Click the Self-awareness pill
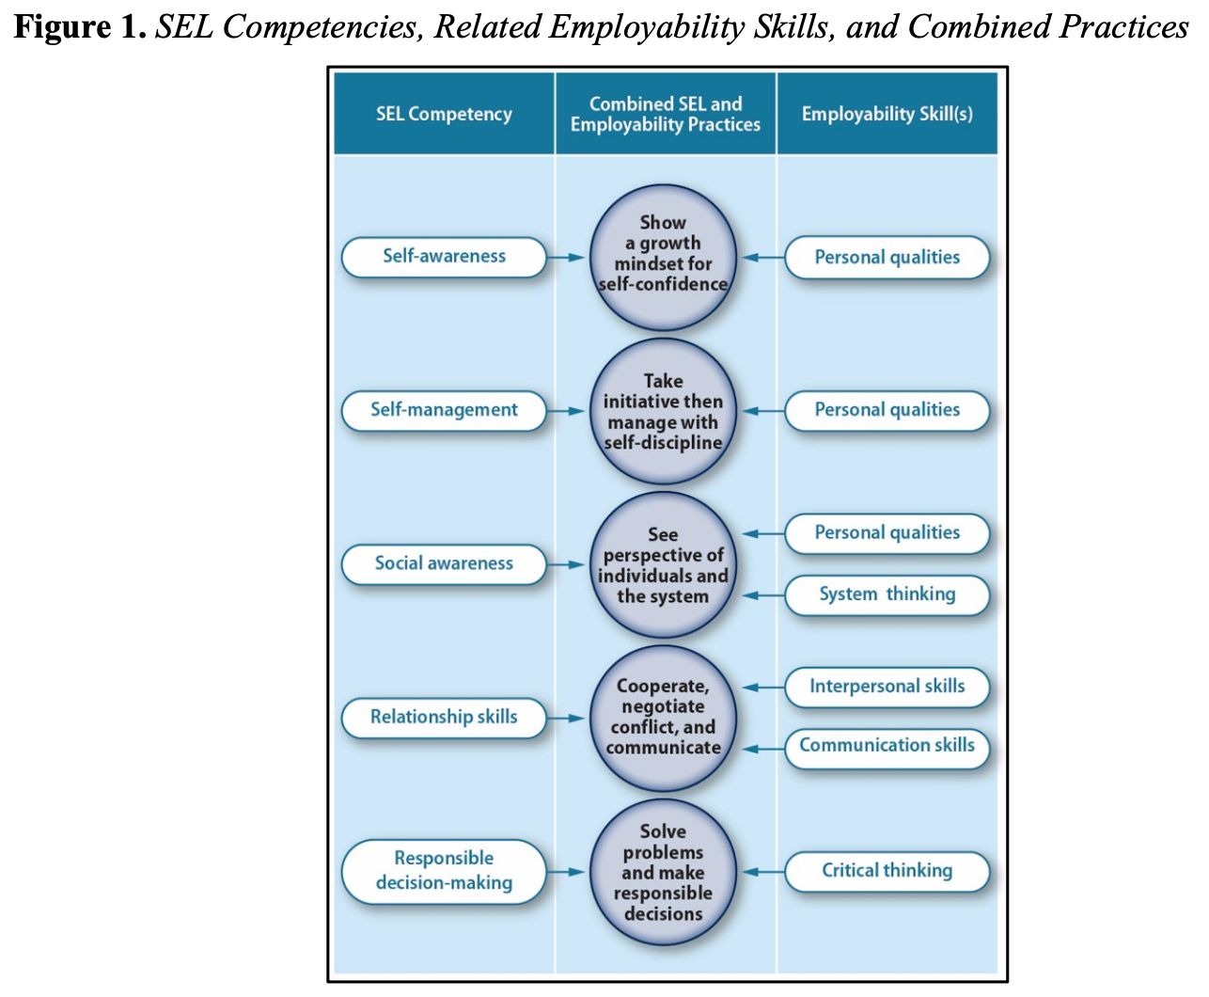(x=444, y=257)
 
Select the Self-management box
(x=444, y=410)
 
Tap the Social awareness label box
(x=444, y=564)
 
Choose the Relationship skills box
(x=444, y=718)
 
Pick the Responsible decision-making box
(x=444, y=871)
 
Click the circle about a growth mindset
(x=663, y=256)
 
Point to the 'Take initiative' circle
(x=663, y=411)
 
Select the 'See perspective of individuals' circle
(x=663, y=565)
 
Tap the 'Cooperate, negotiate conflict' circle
(x=663, y=718)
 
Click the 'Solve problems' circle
(x=663, y=872)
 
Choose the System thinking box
(x=887, y=595)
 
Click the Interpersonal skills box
(x=887, y=687)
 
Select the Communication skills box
(x=887, y=747)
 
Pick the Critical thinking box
(x=887, y=871)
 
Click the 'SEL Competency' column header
(x=444, y=114)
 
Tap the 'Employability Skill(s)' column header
(x=887, y=114)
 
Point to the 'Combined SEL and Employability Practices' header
(x=665, y=114)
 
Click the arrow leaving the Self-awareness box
(x=566, y=257)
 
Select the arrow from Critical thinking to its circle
(x=763, y=872)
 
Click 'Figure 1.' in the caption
(x=79, y=27)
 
